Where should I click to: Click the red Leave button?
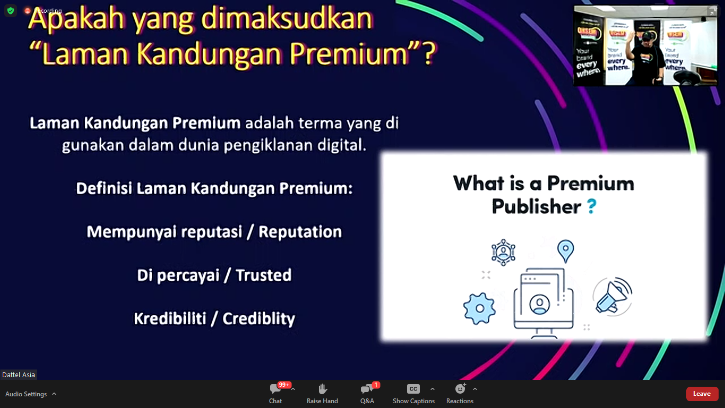(x=702, y=394)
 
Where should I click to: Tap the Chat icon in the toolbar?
(x=275, y=388)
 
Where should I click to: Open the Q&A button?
(x=367, y=394)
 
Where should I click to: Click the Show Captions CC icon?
(x=413, y=389)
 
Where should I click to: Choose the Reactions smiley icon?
(x=460, y=388)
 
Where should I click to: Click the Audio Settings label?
(x=26, y=394)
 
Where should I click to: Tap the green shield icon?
(x=11, y=11)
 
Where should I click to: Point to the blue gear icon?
(x=479, y=308)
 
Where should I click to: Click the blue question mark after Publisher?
(x=592, y=207)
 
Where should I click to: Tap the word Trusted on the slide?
(x=263, y=275)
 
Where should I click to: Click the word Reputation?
(x=300, y=232)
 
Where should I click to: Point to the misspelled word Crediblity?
(x=258, y=319)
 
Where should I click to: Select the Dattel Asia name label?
(x=19, y=375)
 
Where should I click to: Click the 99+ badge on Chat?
(x=284, y=385)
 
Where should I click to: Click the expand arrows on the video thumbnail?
(x=713, y=11)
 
